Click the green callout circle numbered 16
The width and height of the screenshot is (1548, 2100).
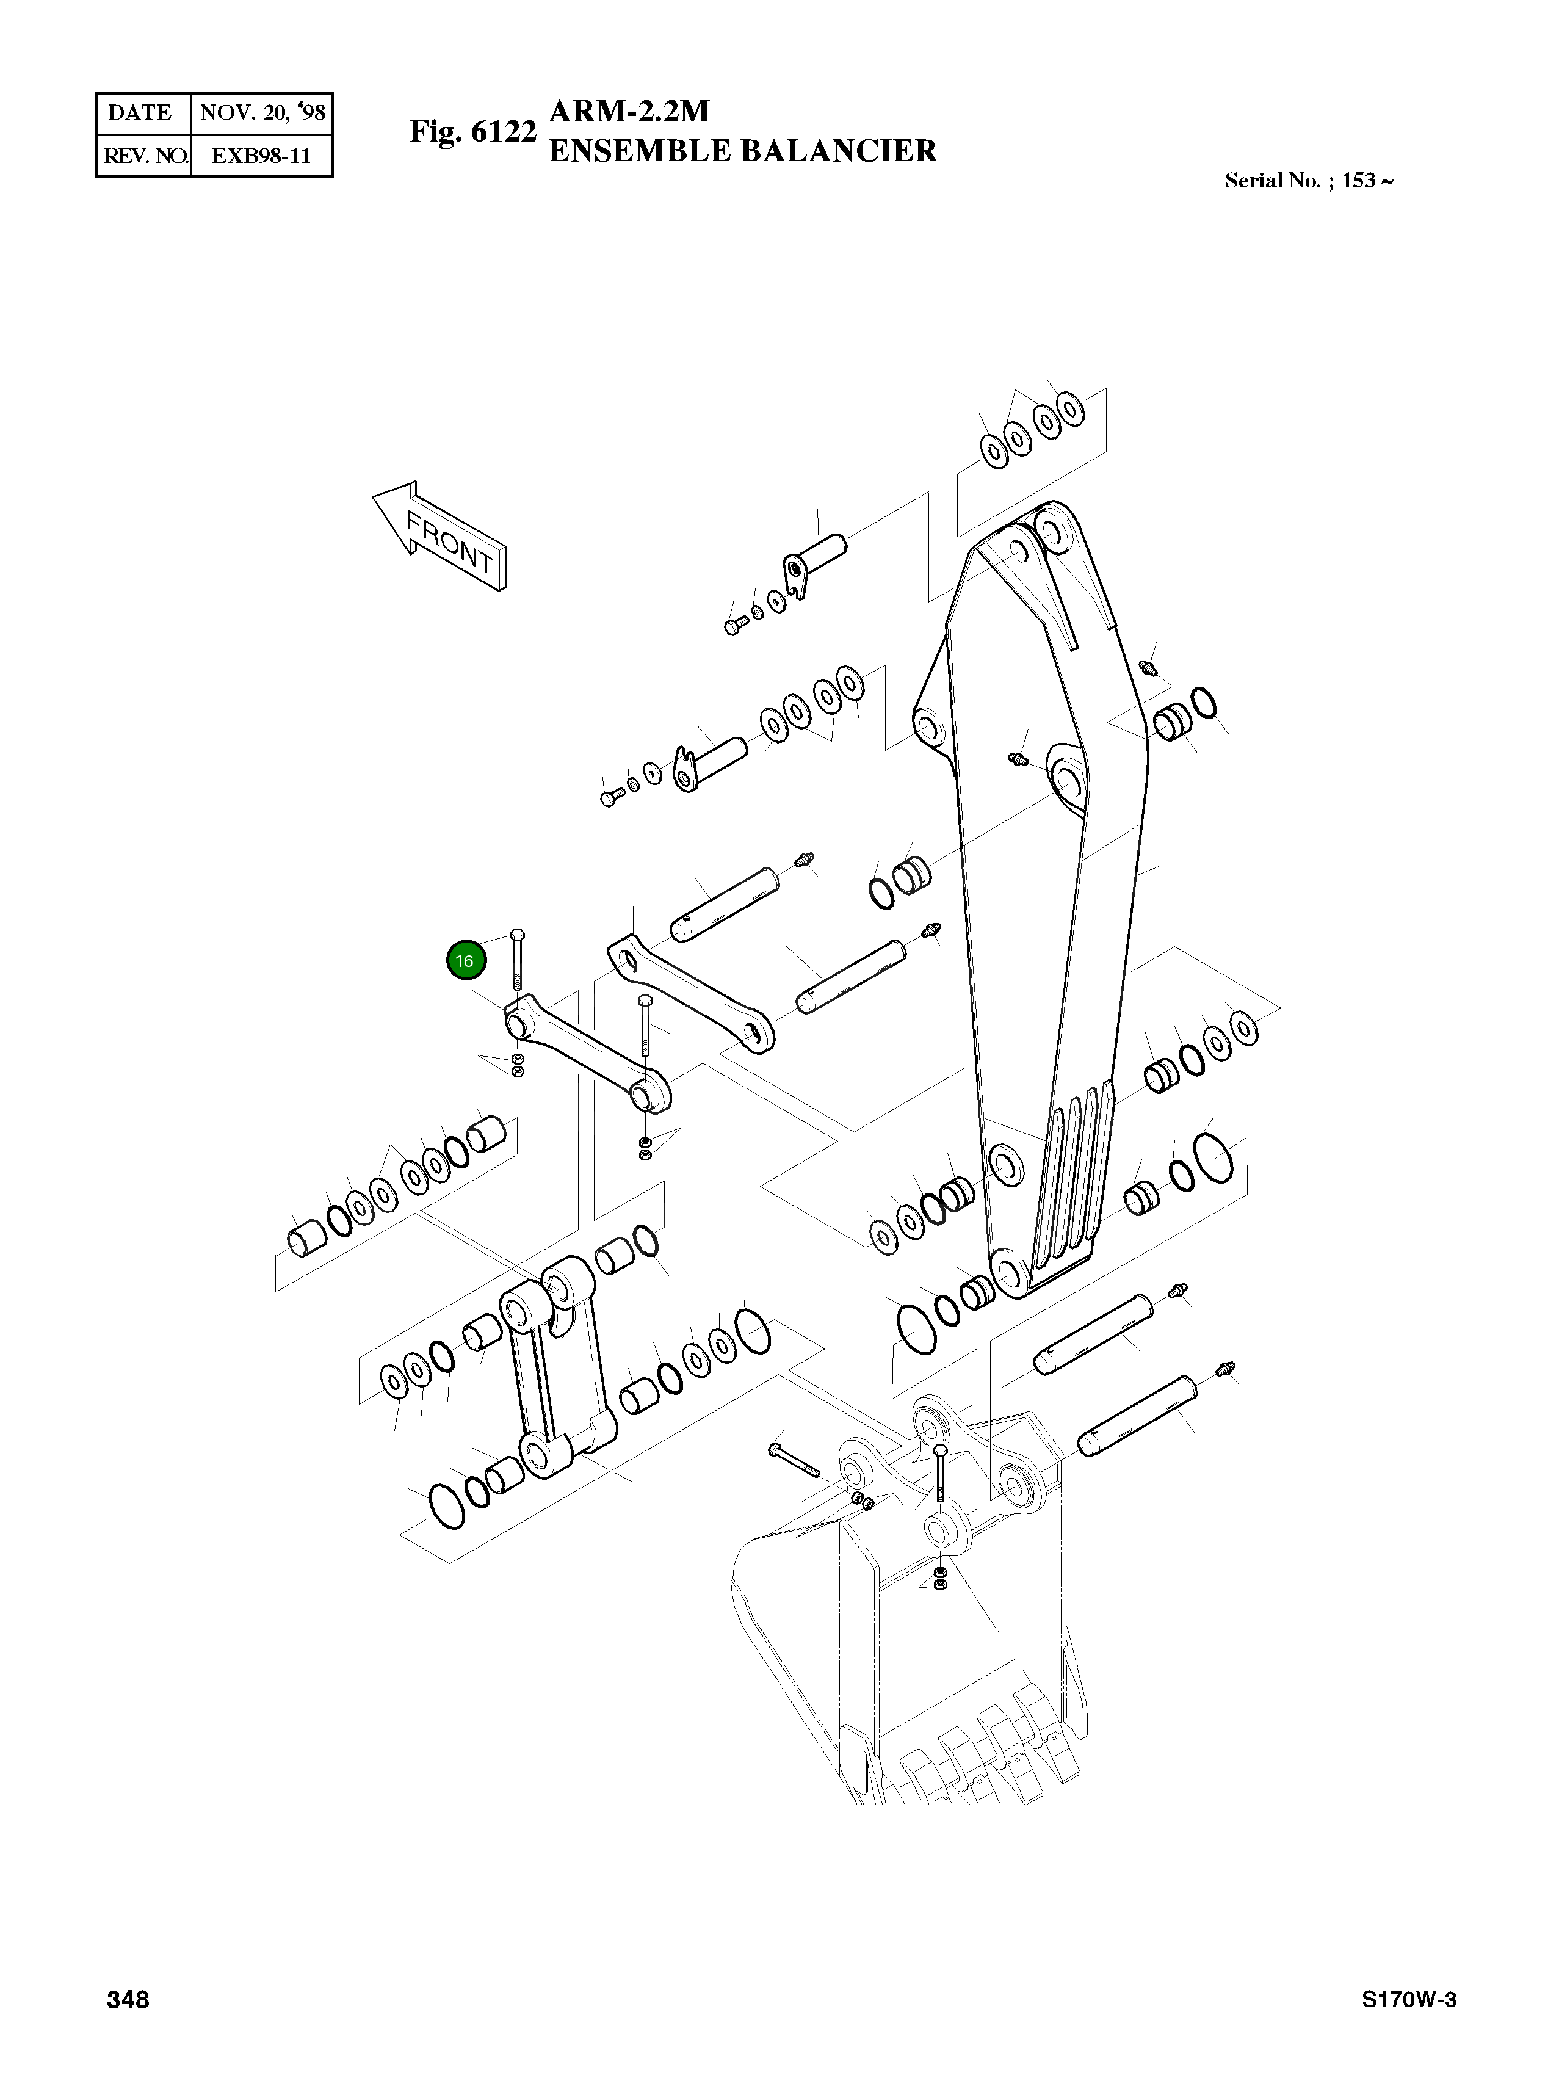(466, 960)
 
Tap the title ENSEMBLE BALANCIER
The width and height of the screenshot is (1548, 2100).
(742, 151)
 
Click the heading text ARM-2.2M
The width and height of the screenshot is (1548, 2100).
(630, 112)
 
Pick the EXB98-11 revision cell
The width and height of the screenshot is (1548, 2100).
(261, 156)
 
